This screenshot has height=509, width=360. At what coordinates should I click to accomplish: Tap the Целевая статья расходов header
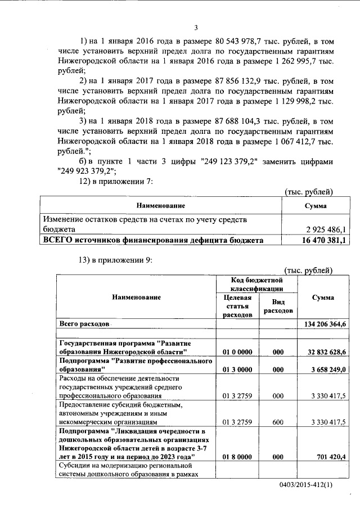(x=237, y=306)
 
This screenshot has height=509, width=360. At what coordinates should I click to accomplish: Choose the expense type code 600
(x=278, y=421)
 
